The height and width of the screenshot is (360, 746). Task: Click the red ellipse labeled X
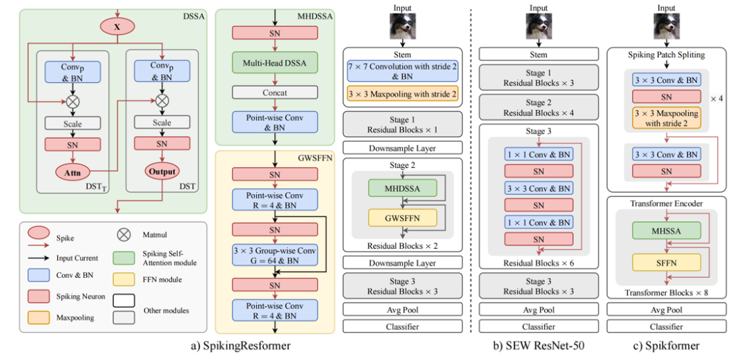(116, 26)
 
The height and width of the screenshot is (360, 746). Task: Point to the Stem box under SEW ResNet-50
(538, 55)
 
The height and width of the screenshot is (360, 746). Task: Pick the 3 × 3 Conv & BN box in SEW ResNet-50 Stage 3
(538, 188)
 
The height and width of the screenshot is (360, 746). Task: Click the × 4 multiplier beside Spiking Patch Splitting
(719, 98)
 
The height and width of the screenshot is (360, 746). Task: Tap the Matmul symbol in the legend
(124, 234)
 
